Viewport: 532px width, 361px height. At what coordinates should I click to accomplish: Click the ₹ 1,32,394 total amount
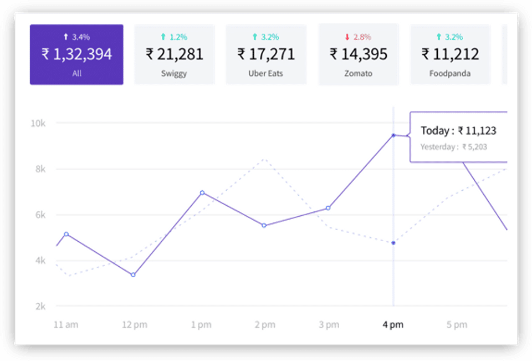76,54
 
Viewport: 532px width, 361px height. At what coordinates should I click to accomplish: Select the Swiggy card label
175,73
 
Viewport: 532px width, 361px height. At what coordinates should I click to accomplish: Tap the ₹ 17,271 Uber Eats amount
266,54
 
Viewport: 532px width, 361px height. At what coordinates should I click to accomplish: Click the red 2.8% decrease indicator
358,37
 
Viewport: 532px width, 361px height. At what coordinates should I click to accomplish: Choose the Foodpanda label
450,73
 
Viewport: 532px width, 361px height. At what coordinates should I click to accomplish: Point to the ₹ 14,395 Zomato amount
359,54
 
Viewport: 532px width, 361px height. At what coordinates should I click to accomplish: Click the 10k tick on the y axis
38,123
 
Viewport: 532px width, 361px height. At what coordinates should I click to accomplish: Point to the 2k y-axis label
39,306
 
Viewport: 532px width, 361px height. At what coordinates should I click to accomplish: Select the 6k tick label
39,215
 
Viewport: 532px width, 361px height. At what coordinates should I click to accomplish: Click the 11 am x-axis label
65,325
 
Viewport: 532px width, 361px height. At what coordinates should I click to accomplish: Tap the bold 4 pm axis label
393,325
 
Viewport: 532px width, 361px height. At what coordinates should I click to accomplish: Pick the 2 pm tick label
264,325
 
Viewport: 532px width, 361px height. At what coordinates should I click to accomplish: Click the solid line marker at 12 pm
133,274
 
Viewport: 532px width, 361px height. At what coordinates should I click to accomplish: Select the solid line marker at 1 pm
202,192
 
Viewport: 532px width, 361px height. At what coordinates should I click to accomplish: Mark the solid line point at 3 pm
328,208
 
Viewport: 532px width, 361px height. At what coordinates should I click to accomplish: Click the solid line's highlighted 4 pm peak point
393,135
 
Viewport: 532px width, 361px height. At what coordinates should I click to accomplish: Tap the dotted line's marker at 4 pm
393,243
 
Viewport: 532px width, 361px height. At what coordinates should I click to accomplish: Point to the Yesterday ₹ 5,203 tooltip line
454,147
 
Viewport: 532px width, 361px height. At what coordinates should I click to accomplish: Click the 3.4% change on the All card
76,37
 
